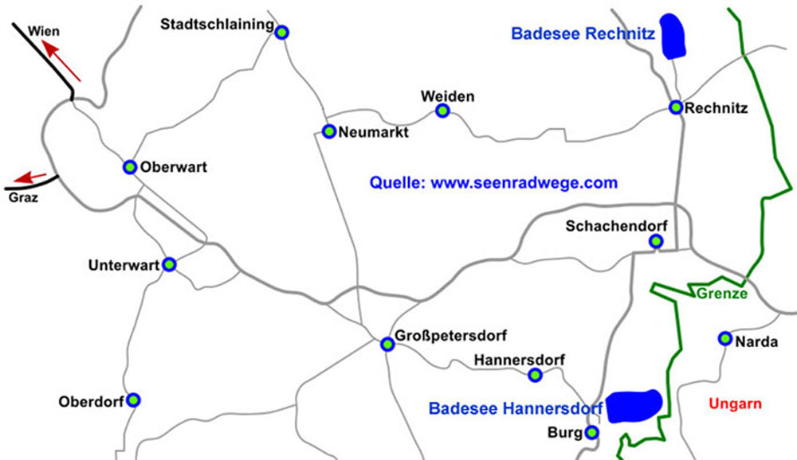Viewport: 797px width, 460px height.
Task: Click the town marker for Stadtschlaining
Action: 281,32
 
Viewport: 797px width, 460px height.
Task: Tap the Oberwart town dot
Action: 130,167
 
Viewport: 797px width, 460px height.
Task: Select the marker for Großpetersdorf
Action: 387,345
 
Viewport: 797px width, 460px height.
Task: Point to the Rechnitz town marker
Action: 676,107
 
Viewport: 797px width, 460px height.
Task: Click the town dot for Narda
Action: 724,338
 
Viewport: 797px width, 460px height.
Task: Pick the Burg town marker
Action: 591,433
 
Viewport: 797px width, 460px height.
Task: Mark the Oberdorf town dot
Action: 134,400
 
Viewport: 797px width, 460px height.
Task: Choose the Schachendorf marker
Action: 656,241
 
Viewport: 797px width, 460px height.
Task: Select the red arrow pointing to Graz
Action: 32,177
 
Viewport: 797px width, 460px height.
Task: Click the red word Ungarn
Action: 734,403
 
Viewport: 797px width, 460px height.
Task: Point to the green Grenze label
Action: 721,294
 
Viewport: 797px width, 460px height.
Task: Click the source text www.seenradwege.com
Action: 524,183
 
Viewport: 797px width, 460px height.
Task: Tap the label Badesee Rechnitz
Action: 583,34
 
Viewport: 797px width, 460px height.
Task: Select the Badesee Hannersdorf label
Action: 515,408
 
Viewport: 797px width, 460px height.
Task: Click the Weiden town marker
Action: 442,111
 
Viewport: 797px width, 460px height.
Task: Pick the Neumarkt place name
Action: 373,133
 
